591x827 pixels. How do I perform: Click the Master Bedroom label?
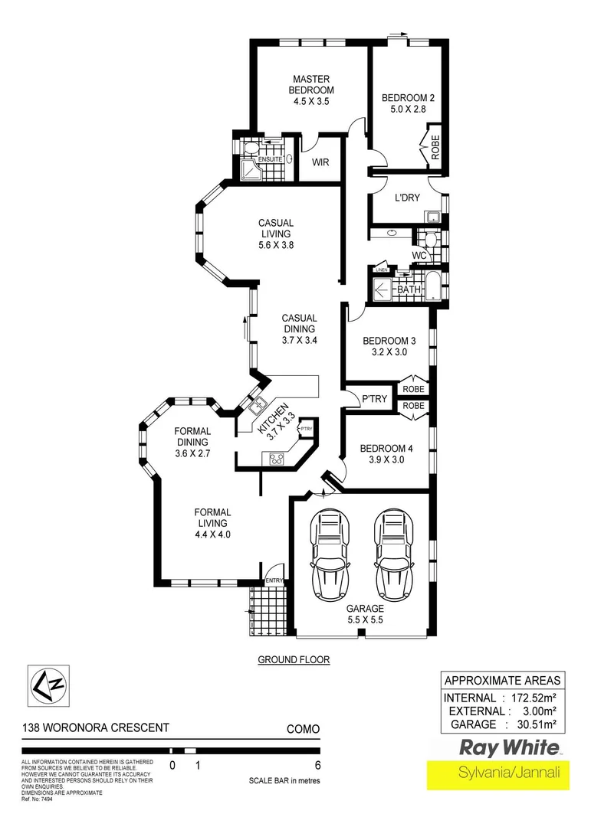310,84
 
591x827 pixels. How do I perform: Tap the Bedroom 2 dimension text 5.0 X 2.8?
408,110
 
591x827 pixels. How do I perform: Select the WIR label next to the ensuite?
320,162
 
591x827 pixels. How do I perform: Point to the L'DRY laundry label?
407,198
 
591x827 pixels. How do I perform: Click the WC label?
419,254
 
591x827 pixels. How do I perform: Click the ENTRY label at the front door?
274,581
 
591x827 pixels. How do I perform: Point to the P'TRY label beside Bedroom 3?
373,398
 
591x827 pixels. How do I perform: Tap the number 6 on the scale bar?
317,765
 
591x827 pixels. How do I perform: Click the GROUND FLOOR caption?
294,659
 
